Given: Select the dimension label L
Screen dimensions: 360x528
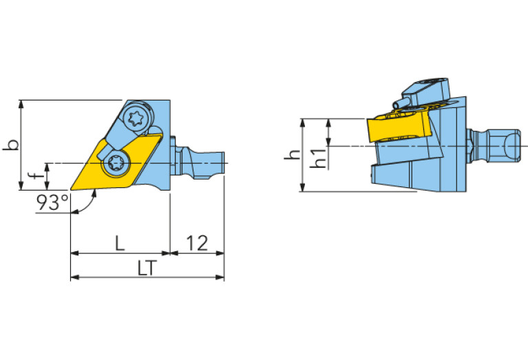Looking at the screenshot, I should (x=119, y=243).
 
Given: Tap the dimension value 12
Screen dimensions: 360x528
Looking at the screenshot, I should (x=197, y=243).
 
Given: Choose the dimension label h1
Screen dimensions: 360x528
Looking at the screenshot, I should (x=318, y=158).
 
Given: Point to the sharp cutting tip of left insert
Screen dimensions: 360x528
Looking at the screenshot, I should (x=71, y=188).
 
